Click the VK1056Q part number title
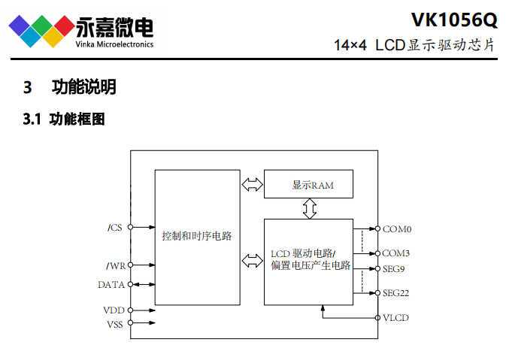(x=454, y=18)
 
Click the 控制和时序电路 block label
(x=197, y=236)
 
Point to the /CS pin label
(x=114, y=227)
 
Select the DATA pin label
(x=111, y=285)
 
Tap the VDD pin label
(x=114, y=310)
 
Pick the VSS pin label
(x=114, y=323)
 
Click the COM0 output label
(x=396, y=228)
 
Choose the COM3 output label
(x=396, y=253)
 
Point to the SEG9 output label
(x=395, y=268)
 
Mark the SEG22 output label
(x=397, y=293)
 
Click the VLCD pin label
(x=395, y=318)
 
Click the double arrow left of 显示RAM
(x=252, y=184)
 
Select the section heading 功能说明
(x=83, y=87)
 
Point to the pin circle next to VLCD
(x=377, y=318)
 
